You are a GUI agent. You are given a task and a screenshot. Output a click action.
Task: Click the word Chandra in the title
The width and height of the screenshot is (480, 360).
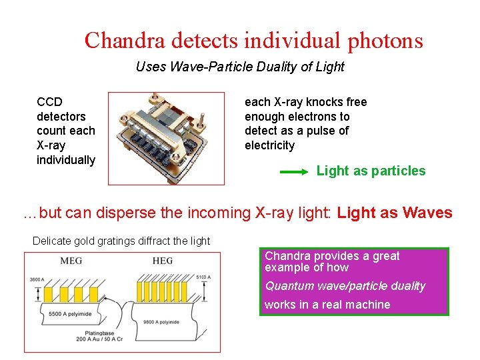click(x=125, y=41)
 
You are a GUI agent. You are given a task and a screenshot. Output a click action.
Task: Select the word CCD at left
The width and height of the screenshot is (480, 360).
click(x=50, y=102)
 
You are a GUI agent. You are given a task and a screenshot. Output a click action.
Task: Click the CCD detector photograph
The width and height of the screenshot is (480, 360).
click(x=166, y=138)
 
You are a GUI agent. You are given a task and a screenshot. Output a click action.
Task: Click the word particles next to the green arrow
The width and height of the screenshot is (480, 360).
click(x=398, y=171)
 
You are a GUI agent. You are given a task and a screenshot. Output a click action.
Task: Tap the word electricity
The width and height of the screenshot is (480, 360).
click(x=269, y=145)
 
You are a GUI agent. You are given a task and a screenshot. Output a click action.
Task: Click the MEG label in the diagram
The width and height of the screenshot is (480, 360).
click(x=71, y=261)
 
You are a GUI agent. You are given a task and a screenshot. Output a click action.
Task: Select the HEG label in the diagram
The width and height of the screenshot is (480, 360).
click(x=163, y=261)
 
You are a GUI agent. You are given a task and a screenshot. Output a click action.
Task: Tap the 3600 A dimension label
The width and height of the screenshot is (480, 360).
click(x=37, y=279)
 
